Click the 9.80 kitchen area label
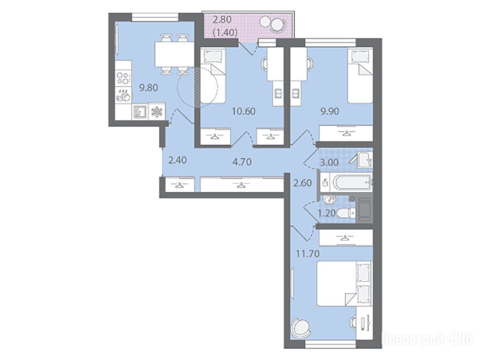149,88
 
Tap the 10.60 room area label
244,111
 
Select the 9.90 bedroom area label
330,111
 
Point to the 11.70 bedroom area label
307,254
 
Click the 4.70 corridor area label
242,161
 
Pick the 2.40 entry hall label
178,160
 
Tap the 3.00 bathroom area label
329,162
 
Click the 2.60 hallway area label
302,183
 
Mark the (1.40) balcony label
225,32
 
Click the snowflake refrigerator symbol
157,112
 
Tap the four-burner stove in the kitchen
123,77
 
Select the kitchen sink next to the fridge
140,112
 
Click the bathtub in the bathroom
352,183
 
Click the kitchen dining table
174,54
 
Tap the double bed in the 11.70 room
344,283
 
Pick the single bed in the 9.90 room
360,76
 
